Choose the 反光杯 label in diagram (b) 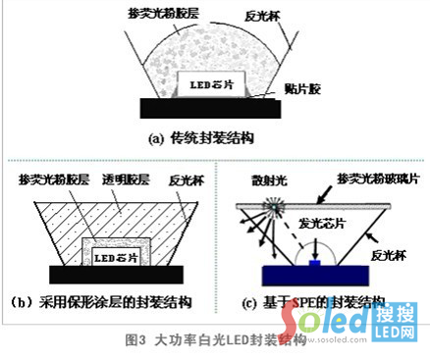click(187, 182)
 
